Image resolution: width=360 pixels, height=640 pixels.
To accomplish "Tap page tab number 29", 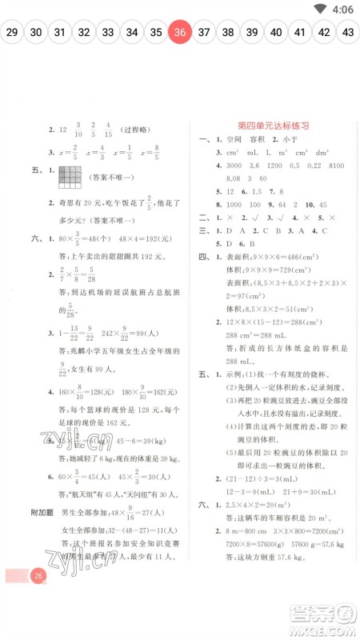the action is coord(12,33).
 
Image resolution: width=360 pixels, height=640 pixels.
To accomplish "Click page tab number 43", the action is coord(347,33).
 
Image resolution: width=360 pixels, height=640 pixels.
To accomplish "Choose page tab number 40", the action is coord(276,33).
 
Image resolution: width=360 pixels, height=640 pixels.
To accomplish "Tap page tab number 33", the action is coord(108,33).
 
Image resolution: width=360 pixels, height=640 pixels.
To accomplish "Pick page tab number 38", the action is coord(228,33).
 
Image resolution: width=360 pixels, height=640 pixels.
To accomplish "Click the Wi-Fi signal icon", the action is coord(321,10).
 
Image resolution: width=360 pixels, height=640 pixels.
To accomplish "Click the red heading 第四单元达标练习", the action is coord(274,126).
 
